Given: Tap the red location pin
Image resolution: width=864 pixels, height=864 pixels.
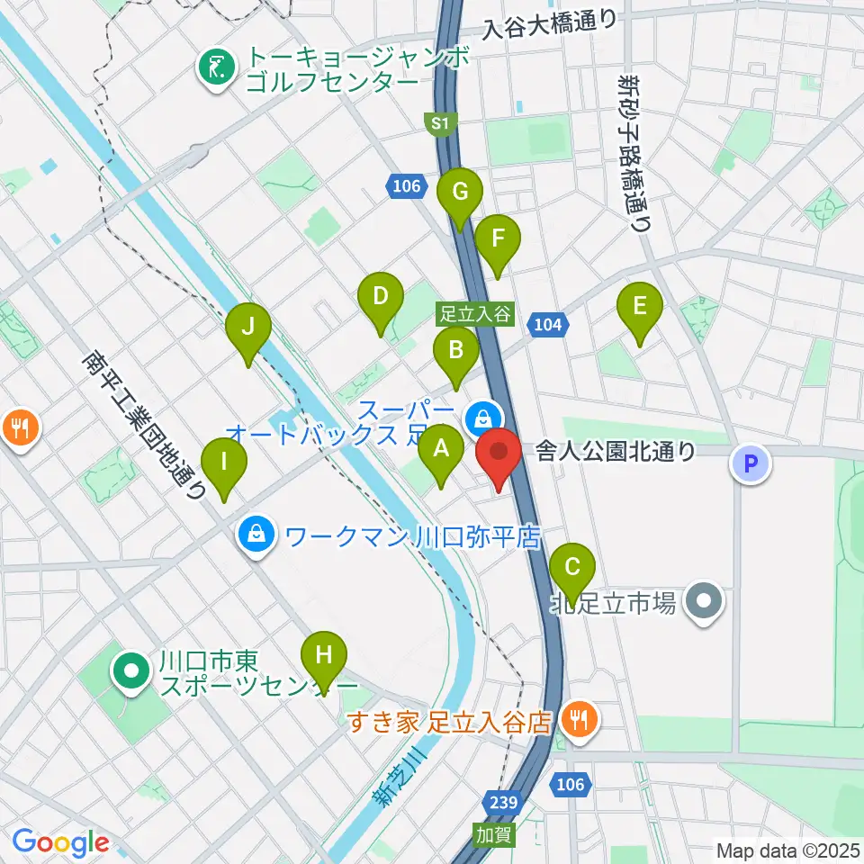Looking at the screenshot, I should coord(499,456).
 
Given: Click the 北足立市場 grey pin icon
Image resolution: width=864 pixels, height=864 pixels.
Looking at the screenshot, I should coord(704,599).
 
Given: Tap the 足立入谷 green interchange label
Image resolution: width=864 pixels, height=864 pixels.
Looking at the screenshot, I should coord(475,315).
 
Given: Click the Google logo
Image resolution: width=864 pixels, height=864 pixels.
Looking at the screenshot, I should coord(59,843).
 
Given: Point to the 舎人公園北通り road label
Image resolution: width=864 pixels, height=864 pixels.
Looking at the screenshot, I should coord(616,451).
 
